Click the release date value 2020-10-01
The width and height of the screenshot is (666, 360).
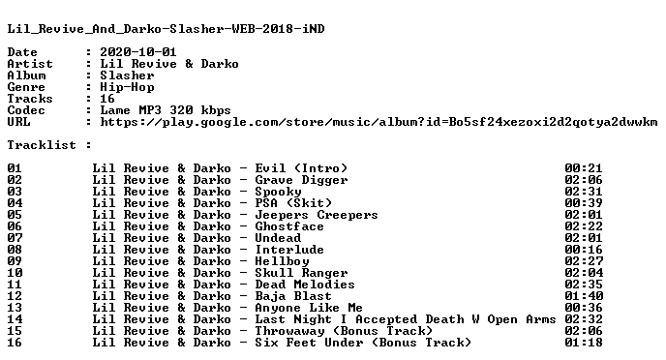tap(138, 52)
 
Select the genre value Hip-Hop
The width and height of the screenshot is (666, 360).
tap(127, 87)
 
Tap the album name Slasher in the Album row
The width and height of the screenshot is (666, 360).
tap(127, 75)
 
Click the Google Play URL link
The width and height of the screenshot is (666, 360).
tap(378, 122)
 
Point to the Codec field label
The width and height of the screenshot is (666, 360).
tap(26, 110)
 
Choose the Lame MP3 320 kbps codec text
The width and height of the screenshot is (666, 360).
tap(166, 110)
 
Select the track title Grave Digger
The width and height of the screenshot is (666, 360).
tap(301, 180)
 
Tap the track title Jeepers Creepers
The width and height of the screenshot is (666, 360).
tap(316, 215)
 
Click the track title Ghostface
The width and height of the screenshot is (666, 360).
tap(289, 226)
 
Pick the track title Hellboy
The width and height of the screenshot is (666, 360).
tap(282, 261)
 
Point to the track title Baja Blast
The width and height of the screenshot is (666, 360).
tap(293, 296)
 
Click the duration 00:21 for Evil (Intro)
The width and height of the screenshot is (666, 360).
tap(584, 168)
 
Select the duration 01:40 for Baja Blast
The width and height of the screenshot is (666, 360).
tap(584, 296)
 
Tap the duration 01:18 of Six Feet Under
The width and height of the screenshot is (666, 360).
tap(584, 343)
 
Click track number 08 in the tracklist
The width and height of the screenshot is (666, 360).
tap(15, 250)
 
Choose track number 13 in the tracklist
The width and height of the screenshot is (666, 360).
tap(15, 308)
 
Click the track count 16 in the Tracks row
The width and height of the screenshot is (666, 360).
tap(107, 99)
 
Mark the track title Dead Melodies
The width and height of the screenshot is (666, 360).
tap(305, 285)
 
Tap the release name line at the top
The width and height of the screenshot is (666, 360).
tap(166, 29)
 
